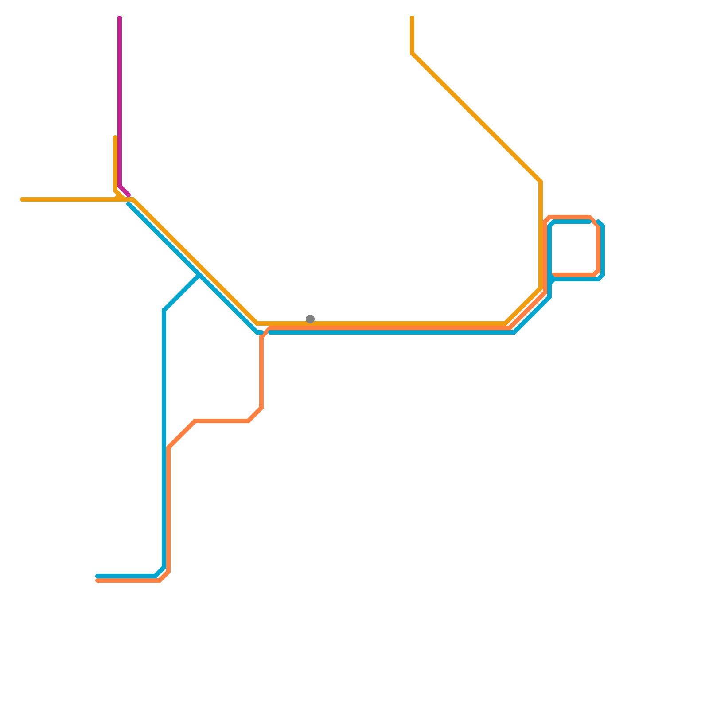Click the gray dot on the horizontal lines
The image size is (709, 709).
[x=310, y=319]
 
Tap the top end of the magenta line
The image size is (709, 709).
[x=120, y=18]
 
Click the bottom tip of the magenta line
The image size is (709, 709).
[x=129, y=195]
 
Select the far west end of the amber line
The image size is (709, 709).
[x=22, y=199]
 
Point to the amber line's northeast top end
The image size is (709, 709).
[x=412, y=18]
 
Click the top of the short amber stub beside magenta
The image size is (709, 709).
[x=115, y=137]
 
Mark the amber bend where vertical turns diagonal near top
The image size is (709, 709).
[x=412, y=53]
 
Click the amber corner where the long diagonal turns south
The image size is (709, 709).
[x=541, y=182]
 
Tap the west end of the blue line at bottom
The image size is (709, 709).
[x=97, y=576]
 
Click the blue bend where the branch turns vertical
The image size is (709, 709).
[x=164, y=310]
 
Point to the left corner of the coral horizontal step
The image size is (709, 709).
[x=195, y=421]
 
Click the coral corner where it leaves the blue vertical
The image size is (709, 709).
[x=168, y=448]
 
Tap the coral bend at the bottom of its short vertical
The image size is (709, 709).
[x=261, y=408]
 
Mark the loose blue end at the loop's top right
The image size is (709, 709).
[x=598, y=222]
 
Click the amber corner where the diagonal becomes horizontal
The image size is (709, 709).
[x=257, y=323]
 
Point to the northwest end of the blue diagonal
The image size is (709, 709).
[x=129, y=204]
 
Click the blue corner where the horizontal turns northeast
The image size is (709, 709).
[x=514, y=332]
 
